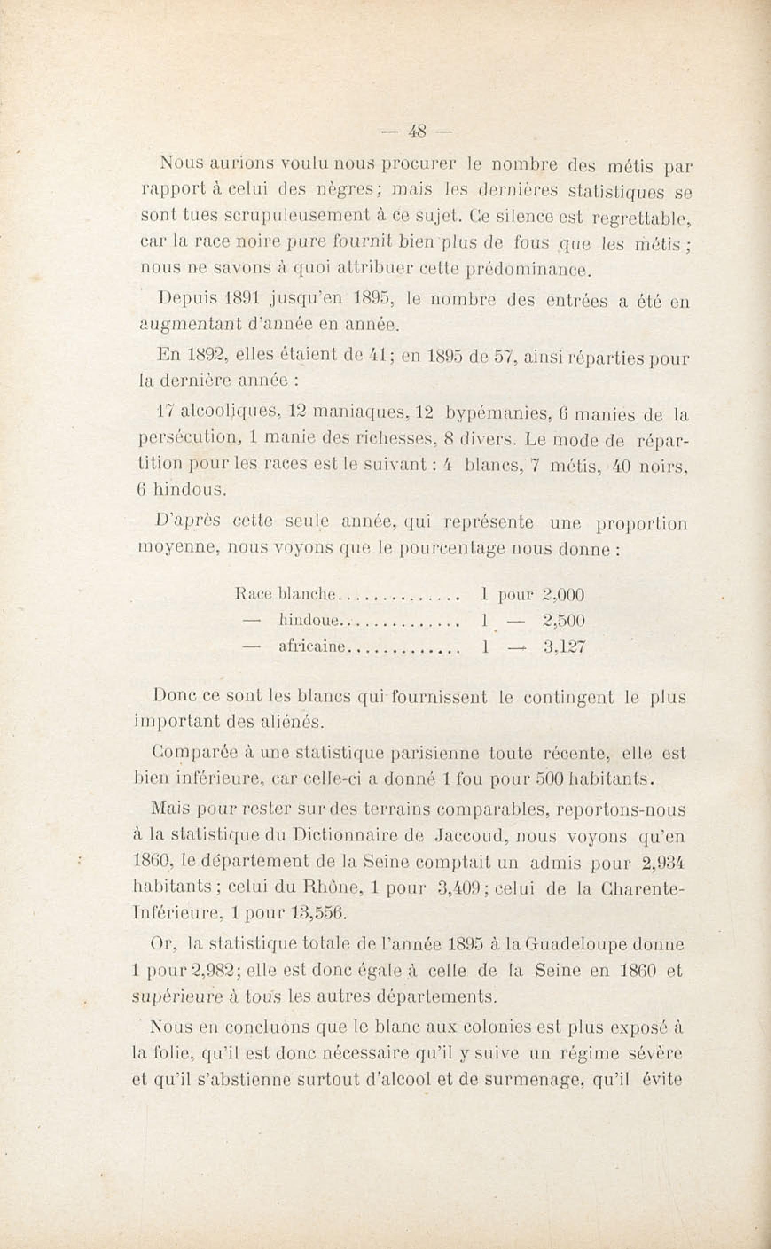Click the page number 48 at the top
416,132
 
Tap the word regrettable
641,219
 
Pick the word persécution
189,438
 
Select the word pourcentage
452,549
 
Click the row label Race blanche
286,594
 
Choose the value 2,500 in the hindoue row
564,621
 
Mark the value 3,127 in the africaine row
564,647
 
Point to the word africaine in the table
312,647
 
